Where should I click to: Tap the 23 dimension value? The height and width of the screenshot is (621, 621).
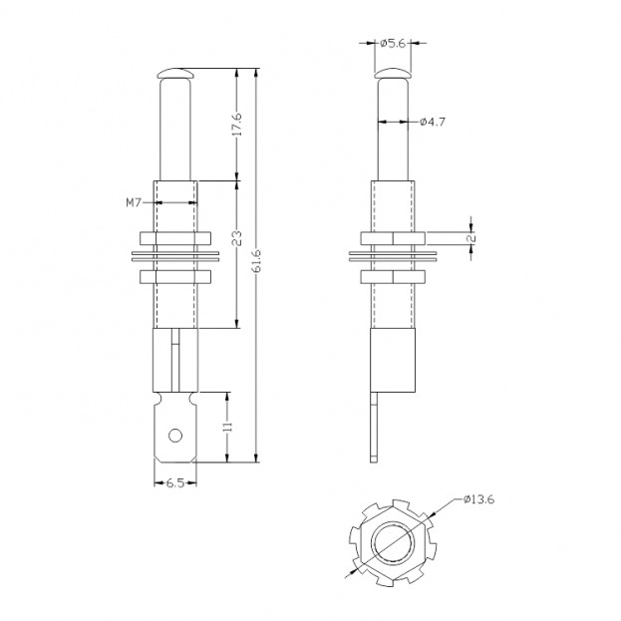coord(237,239)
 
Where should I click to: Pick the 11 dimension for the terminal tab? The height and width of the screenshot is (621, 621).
coord(229,426)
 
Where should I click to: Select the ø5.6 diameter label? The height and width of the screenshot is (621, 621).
coord(393,42)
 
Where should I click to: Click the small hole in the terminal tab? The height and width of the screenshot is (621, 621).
coord(175,435)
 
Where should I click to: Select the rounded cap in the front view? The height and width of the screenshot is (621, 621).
coord(175,73)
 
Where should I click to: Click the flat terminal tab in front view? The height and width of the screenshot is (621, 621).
coord(175,429)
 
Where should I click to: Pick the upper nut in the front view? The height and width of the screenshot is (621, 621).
coord(175,237)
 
